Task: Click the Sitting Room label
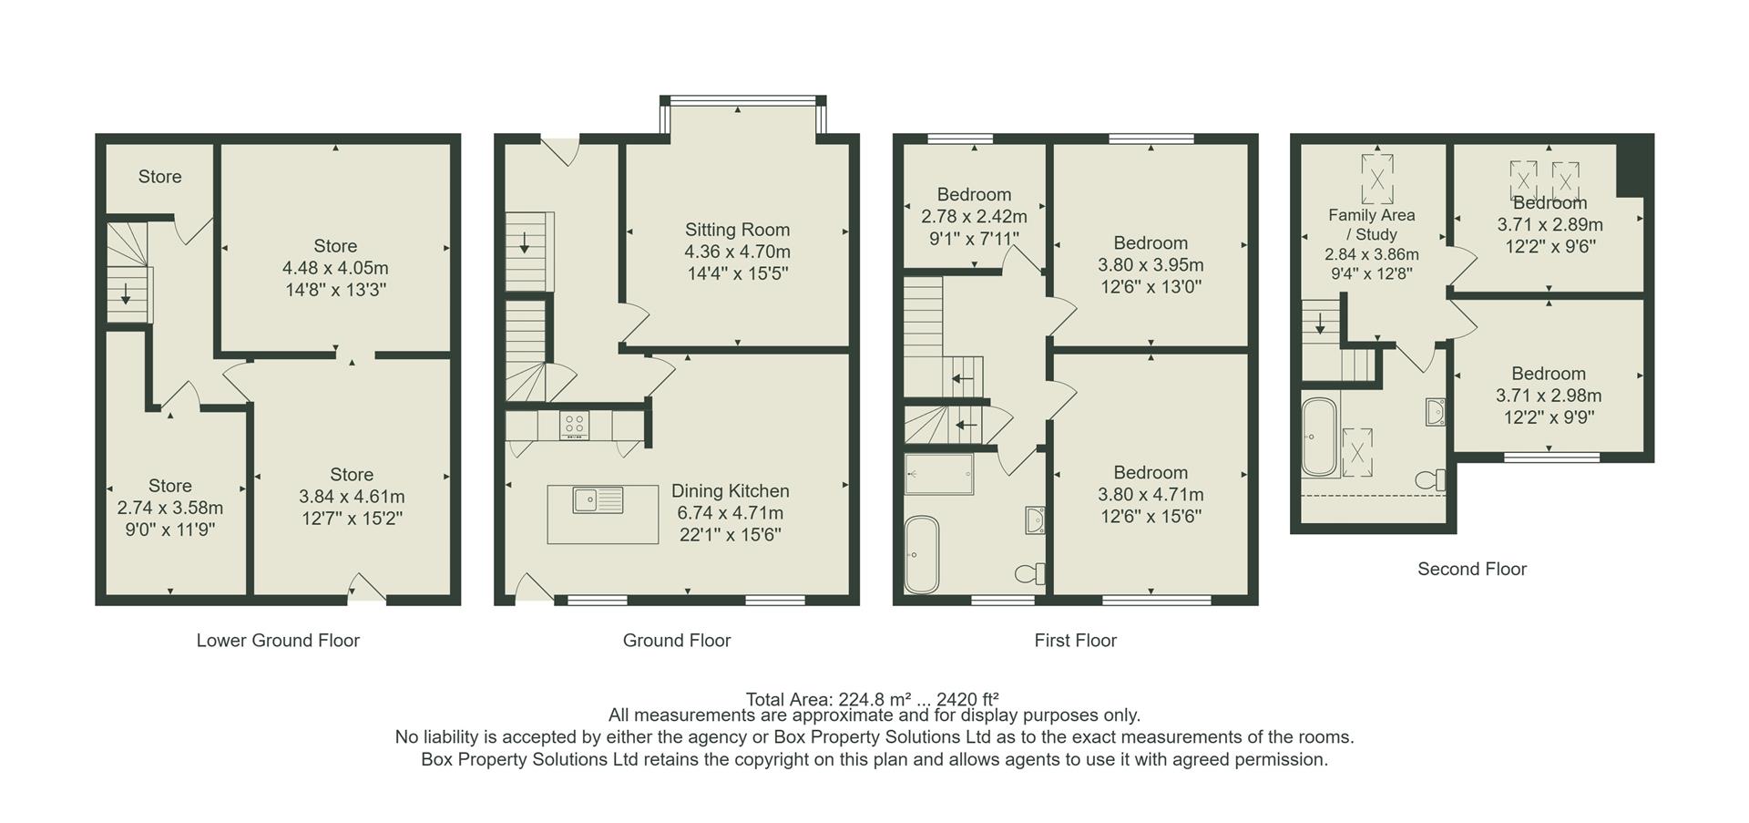tap(737, 230)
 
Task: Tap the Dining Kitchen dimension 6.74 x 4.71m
tap(730, 513)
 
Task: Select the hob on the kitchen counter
tap(574, 424)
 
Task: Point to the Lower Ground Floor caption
tap(278, 641)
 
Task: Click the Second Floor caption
tap(1471, 570)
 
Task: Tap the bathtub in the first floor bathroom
tap(921, 554)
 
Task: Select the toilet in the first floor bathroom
tap(1031, 573)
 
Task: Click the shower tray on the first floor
tap(939, 473)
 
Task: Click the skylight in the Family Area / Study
tap(1376, 179)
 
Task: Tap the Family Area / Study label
tap(1371, 224)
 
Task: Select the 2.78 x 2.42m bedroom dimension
tap(974, 217)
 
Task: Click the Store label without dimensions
tap(159, 177)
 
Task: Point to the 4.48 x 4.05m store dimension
tap(335, 268)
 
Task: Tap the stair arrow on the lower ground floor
tap(126, 294)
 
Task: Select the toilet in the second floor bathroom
tap(1431, 479)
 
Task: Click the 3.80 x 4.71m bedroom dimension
tap(1151, 495)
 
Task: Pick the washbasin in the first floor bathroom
tap(1034, 520)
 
